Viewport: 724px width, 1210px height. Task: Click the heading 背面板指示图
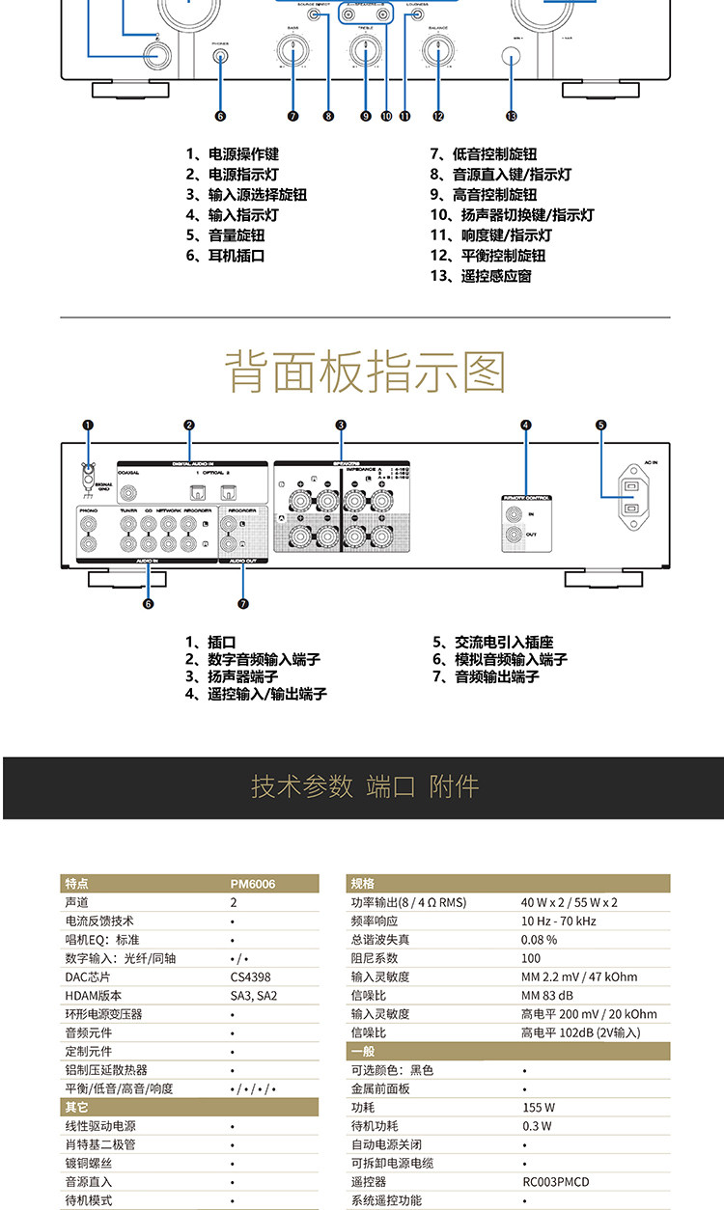[366, 372]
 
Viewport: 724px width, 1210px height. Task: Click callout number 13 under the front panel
[511, 116]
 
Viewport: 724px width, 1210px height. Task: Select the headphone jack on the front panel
[220, 56]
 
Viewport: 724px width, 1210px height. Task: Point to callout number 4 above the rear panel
[526, 425]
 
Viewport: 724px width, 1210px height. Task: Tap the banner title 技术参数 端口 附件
[365, 786]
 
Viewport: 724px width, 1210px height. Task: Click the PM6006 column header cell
[253, 884]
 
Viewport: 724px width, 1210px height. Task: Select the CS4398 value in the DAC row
[250, 976]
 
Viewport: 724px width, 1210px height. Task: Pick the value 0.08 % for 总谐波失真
[540, 939]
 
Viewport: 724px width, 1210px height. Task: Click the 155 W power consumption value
[538, 1107]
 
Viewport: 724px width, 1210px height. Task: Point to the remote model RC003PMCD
[555, 1181]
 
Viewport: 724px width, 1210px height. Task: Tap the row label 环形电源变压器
[103, 1014]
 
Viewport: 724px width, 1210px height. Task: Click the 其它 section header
[76, 1108]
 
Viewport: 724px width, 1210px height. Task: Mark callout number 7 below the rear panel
[243, 604]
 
